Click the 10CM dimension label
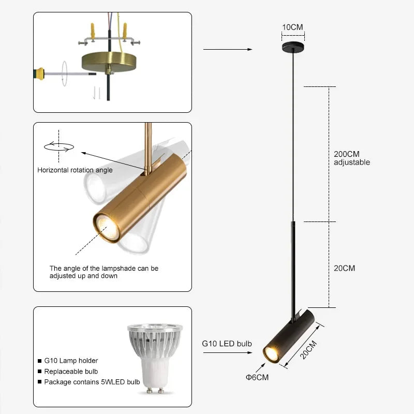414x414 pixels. [x=292, y=27]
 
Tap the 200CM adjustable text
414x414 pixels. [x=352, y=158]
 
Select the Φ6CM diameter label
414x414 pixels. [x=257, y=377]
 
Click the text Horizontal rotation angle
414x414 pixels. [x=75, y=170]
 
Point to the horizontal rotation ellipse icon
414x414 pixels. [x=59, y=146]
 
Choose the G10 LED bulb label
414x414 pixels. [x=227, y=344]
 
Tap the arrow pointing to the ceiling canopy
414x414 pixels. [x=228, y=49]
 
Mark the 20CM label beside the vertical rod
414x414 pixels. [x=345, y=268]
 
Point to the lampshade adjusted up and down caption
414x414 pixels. [x=103, y=272]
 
